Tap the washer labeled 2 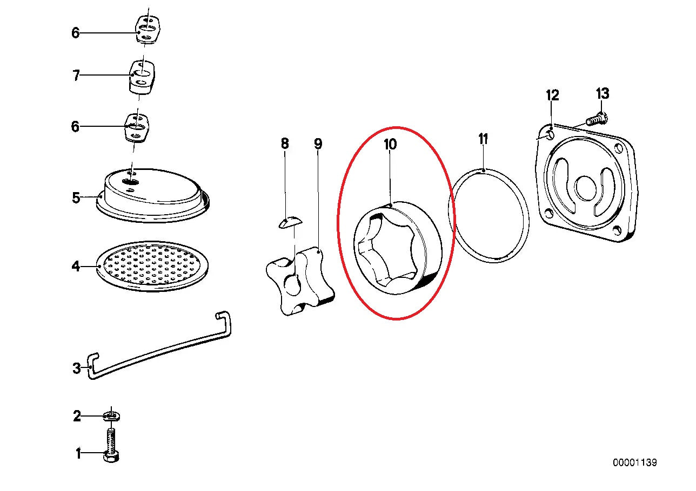click(x=112, y=416)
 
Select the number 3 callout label click(x=77, y=369)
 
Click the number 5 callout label click(x=77, y=197)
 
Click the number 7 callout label click(x=77, y=76)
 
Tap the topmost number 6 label click(x=76, y=33)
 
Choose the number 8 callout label click(x=285, y=144)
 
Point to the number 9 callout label click(x=318, y=144)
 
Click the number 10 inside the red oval click(x=390, y=144)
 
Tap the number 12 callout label click(x=552, y=96)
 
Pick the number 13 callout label click(x=603, y=93)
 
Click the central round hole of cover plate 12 click(x=585, y=188)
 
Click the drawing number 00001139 click(x=634, y=463)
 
